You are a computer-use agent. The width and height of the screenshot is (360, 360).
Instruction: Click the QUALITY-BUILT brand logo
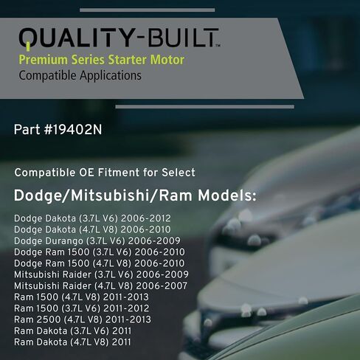119,38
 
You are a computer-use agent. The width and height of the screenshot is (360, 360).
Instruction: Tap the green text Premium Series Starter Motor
101,59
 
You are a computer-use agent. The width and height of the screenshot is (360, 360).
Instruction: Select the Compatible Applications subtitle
80,75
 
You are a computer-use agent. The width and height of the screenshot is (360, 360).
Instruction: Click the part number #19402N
58,130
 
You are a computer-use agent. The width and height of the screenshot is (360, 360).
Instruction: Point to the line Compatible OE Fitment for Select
105,173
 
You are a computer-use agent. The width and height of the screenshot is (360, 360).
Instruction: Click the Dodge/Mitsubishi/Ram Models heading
135,197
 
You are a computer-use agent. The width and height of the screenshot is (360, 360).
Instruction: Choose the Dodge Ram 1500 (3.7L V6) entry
100,252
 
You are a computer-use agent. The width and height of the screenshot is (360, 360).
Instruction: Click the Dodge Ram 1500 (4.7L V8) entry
100,263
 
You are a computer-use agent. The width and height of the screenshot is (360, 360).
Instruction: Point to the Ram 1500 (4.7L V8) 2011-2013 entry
82,297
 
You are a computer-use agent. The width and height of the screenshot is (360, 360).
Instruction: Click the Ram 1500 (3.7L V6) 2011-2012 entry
82,308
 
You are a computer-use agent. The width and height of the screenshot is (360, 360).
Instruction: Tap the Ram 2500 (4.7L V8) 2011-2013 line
83,319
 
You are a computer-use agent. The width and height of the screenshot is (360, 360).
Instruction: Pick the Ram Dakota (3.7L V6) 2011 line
72,330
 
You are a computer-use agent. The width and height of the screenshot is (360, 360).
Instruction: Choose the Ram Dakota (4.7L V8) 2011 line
72,342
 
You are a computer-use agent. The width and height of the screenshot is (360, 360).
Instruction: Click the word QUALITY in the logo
69,38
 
